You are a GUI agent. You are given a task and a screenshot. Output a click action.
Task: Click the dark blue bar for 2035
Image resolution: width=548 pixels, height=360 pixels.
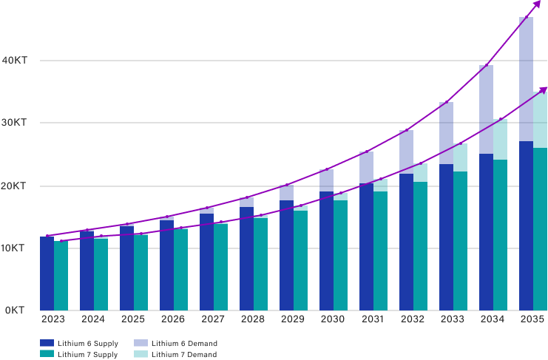[526, 163]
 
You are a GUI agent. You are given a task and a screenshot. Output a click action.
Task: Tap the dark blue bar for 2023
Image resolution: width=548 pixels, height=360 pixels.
[47, 273]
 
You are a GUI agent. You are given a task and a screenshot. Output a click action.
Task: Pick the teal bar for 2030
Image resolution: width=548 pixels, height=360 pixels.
[340, 251]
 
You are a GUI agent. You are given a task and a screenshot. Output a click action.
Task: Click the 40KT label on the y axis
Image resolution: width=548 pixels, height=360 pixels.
[15, 61]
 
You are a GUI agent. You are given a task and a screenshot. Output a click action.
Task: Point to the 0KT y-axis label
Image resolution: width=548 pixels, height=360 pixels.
[17, 310]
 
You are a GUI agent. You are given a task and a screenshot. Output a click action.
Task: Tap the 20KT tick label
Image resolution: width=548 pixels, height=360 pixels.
[15, 186]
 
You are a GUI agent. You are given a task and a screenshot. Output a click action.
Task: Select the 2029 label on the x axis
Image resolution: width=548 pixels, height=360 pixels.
[292, 320]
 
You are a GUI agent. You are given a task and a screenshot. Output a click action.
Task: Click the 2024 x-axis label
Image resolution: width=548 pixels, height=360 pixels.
[93, 320]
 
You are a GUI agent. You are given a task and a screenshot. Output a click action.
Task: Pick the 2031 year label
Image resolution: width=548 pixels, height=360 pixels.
[372, 320]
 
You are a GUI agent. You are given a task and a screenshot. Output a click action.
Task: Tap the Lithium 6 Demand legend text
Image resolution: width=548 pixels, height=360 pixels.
[184, 344]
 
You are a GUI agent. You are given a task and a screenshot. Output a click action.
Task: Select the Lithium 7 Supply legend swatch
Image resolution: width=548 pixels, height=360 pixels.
[47, 355]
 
